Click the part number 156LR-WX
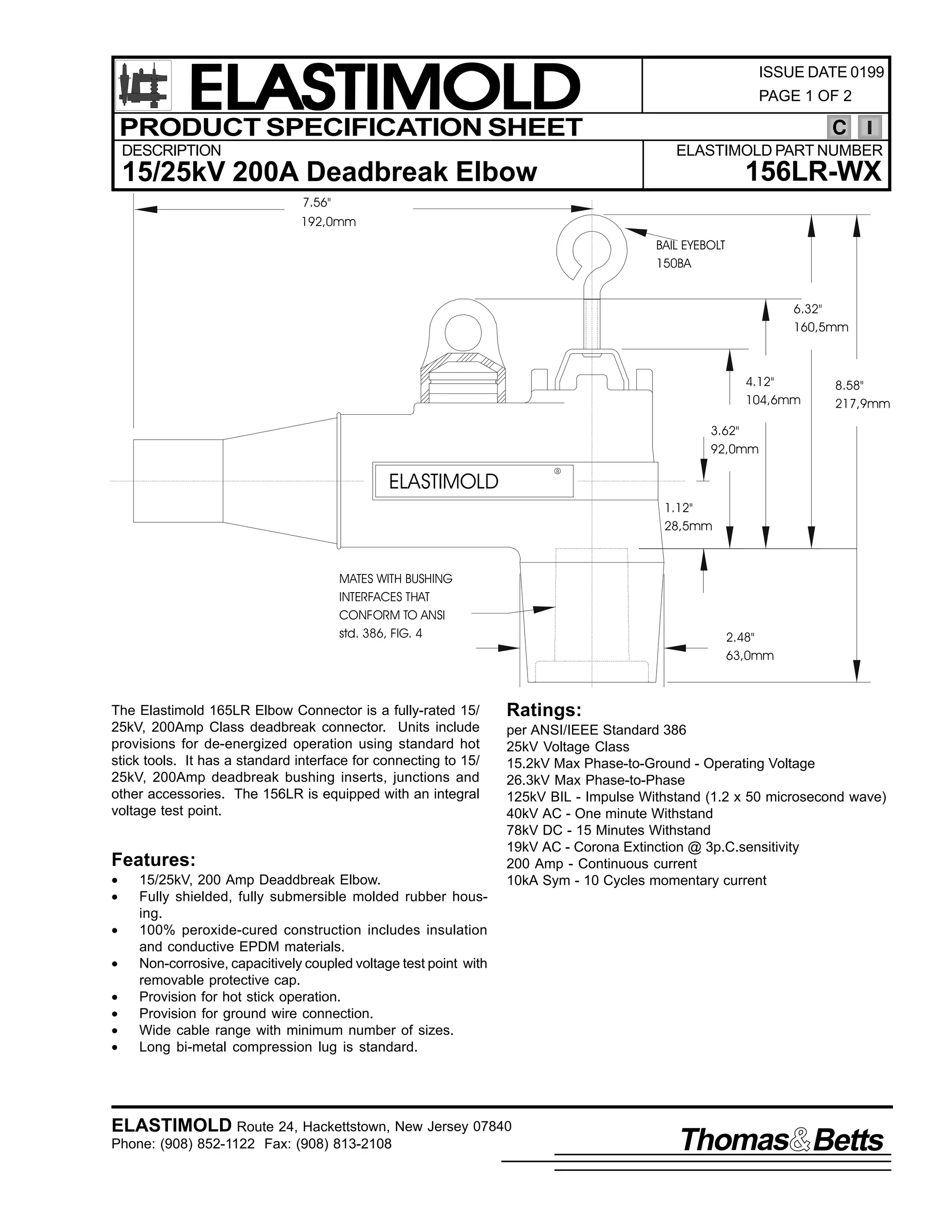[813, 171]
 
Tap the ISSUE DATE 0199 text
[821, 73]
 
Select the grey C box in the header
[839, 128]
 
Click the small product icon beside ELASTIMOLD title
[141, 85]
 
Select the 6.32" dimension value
[807, 309]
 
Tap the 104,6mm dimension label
[773, 400]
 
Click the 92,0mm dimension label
[734, 449]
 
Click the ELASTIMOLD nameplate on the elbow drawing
[473, 481]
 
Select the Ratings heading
[544, 710]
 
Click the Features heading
[153, 860]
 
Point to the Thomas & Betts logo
[781, 1141]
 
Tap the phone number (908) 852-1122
[208, 1144]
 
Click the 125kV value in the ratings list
[523, 797]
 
